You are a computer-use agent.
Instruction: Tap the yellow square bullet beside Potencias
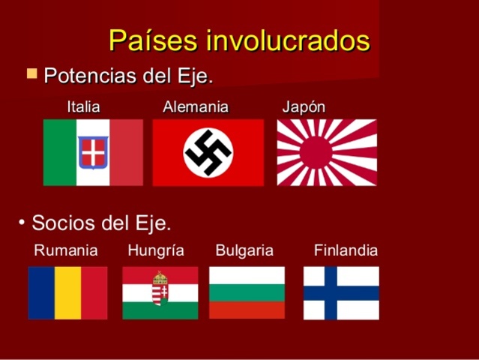(x=31, y=74)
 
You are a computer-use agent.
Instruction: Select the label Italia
(x=83, y=106)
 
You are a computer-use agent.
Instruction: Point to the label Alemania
(x=196, y=106)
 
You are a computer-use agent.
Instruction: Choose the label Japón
(x=304, y=106)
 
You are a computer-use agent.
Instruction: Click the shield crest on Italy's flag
(x=94, y=152)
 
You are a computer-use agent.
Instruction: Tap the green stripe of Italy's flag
(x=60, y=152)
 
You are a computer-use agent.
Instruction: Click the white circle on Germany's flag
(x=208, y=152)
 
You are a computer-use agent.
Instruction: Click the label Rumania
(x=66, y=250)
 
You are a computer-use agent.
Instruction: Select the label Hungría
(x=156, y=250)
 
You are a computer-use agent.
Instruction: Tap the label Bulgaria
(x=244, y=250)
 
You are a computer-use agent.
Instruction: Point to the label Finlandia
(x=346, y=250)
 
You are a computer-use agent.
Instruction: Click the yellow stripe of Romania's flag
(x=67, y=292)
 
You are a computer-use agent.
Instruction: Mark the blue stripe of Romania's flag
(x=41, y=292)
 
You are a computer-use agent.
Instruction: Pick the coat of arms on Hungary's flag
(x=160, y=289)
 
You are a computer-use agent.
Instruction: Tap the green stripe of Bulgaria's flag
(x=247, y=292)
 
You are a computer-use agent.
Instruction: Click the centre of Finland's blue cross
(x=331, y=292)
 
